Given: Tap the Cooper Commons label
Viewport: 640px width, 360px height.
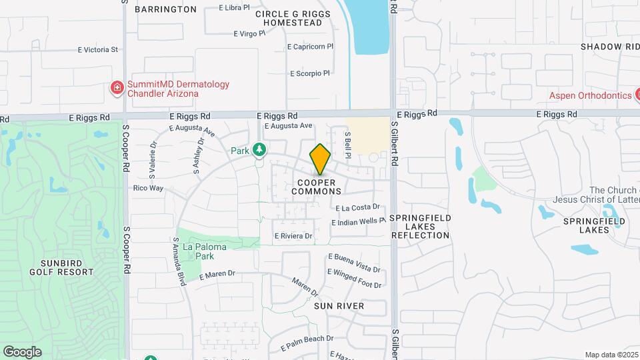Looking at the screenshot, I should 317,187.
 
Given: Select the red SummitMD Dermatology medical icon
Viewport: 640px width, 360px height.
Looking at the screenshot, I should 117,87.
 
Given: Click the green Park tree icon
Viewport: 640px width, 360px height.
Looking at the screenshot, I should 259,150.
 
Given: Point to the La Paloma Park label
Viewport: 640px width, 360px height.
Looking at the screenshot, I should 205,251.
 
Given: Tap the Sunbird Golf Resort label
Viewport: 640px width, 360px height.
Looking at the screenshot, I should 61,267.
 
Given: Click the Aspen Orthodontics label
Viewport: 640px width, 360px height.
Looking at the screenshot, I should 590,95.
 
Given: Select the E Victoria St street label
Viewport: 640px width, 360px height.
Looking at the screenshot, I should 97,49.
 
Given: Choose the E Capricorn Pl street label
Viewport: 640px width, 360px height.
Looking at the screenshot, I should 309,47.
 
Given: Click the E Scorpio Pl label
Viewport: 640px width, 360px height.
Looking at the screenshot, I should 310,73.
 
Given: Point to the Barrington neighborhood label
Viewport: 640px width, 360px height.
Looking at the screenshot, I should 165,9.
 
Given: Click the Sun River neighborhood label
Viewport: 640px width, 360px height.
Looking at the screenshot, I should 339,306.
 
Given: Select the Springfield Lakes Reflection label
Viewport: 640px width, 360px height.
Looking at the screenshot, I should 420,227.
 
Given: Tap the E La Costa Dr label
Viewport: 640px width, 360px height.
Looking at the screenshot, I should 357,208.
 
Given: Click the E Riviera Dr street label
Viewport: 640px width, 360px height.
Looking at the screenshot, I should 293,236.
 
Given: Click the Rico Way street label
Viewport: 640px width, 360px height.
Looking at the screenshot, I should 148,188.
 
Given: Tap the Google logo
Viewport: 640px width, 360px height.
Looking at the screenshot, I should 22,351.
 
